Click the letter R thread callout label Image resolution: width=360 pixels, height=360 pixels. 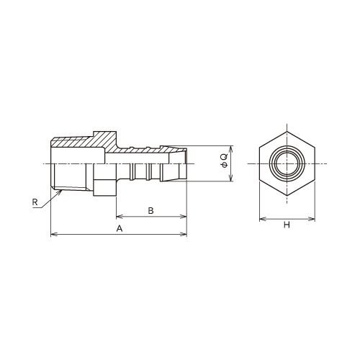[x=35, y=202]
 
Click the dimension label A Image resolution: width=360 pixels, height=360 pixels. [x=120, y=229]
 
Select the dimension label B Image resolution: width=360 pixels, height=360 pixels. [x=150, y=211]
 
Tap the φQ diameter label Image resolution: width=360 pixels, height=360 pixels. [x=224, y=161]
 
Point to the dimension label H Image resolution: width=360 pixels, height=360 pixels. [x=287, y=225]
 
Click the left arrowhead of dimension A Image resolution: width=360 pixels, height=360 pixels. [x=54, y=234]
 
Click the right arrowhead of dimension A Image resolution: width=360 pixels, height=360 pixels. [x=184, y=234]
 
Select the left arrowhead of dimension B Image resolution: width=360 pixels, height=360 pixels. [x=120, y=217]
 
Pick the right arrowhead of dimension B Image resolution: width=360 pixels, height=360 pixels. [x=184, y=217]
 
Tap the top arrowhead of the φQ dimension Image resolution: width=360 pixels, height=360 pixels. [x=230, y=149]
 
